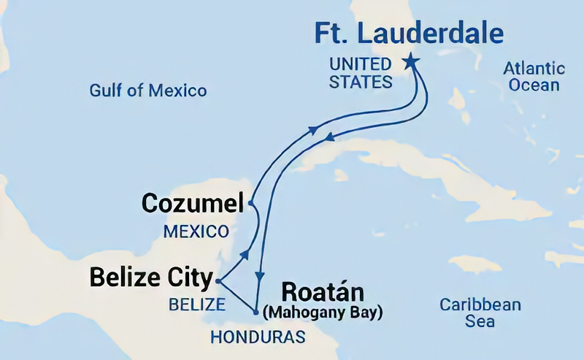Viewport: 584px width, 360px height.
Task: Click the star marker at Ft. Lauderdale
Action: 411,61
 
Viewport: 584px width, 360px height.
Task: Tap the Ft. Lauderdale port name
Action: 409,34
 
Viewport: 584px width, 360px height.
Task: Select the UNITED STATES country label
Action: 361,73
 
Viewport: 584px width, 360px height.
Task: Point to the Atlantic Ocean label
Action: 534,77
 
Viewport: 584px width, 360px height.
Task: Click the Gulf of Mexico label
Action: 148,91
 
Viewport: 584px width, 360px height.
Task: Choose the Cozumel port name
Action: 192,204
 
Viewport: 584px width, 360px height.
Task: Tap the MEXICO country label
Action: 195,232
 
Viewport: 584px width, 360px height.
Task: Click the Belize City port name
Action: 151,277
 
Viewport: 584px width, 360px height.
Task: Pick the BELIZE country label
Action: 191,305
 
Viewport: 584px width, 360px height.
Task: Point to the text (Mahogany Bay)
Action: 322,313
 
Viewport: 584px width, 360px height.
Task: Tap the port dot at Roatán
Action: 255,313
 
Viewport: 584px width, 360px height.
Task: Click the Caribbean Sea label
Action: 480,313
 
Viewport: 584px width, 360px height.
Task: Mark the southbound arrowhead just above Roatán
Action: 259,277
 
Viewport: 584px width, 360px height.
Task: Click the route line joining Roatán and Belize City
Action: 237,296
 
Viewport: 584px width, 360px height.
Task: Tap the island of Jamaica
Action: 474,264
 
